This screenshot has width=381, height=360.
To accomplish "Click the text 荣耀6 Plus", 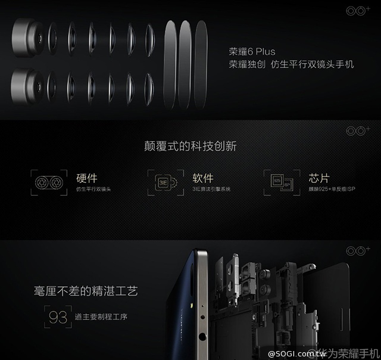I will tap(252, 51).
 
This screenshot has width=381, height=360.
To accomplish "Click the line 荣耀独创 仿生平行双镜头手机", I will tap(291, 64).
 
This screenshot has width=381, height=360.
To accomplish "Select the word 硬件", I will tap(87, 178).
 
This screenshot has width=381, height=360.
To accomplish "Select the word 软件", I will tap(203, 178).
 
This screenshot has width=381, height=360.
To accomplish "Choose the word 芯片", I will tap(319, 178).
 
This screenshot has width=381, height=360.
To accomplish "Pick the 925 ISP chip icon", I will tap(280, 182).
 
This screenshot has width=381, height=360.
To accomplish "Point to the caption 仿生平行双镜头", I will tap(94, 189).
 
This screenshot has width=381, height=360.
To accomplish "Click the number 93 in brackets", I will tap(58, 316).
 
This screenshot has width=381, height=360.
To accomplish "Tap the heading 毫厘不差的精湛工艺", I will tap(86, 291).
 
